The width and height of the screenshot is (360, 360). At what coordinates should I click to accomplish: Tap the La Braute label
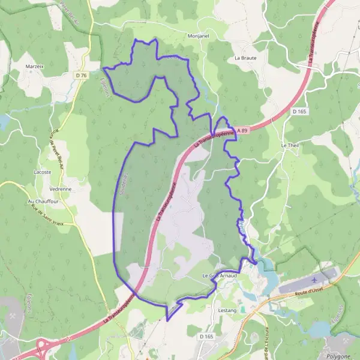[x=245, y=58]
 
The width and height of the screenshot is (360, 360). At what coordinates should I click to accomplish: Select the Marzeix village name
[x=35, y=66]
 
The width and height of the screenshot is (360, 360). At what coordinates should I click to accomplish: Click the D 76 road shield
[x=82, y=75]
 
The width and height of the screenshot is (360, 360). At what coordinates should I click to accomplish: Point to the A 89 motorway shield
[x=241, y=130]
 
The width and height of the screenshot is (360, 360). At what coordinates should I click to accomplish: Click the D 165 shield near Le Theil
[x=299, y=111]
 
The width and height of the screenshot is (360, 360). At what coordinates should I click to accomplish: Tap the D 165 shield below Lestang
[x=206, y=337]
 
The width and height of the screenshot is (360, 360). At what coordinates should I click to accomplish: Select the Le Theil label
[x=289, y=146]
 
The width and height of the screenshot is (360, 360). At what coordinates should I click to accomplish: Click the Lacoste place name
[x=43, y=172]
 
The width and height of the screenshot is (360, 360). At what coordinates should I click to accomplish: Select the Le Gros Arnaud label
[x=220, y=275]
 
